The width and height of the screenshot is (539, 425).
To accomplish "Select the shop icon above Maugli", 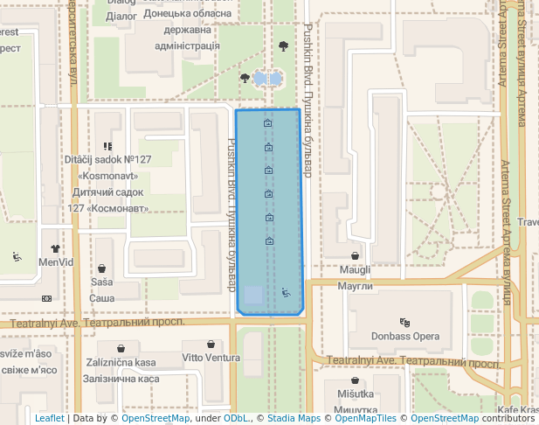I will [356, 256].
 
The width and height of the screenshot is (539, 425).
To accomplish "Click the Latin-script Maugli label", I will [356, 270].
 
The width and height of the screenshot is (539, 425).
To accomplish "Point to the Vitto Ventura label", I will [211, 358].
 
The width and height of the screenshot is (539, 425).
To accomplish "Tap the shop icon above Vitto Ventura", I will [211, 344].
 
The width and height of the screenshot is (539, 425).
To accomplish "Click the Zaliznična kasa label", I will [121, 362].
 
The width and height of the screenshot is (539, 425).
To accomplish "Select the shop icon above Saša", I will [103, 268].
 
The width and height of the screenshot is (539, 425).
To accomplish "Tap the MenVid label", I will [57, 261].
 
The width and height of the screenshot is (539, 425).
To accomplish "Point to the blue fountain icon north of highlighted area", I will [267, 79].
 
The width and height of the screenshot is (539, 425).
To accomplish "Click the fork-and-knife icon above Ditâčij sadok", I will [107, 146].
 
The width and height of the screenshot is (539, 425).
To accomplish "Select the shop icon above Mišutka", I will [356, 380].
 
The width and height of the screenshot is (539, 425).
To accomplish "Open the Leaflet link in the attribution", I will [49, 419].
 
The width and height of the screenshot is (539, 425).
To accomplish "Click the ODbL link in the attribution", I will [235, 419].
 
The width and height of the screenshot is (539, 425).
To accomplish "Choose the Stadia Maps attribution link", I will [294, 419].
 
